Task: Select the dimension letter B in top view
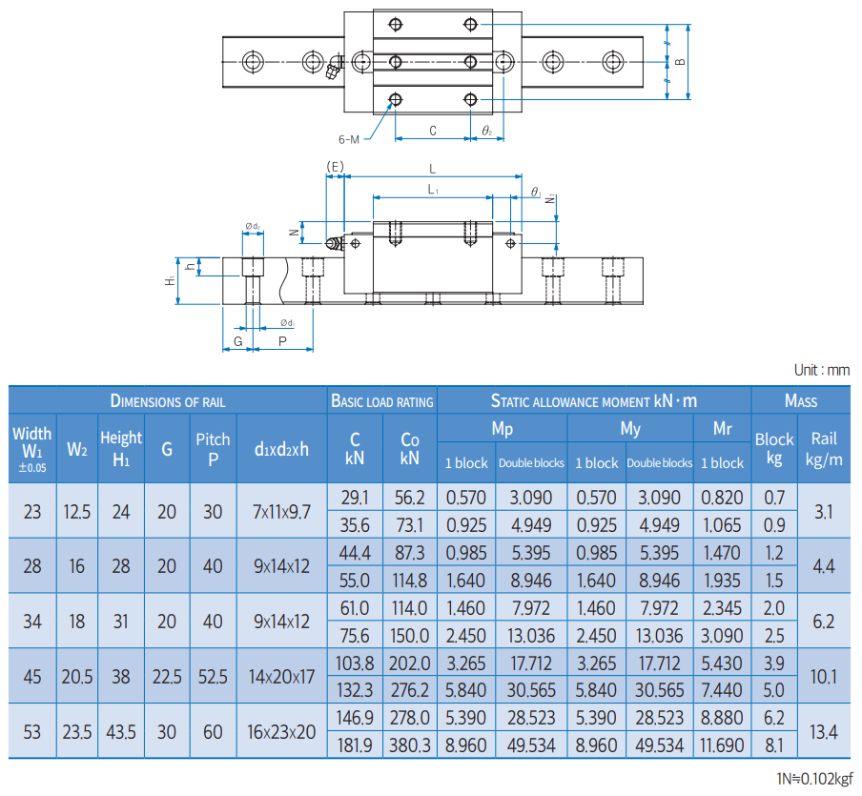point(679,62)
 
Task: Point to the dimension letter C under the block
point(432,131)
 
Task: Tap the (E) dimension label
point(335,167)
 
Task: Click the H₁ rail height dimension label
point(170,280)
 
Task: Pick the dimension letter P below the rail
point(282,340)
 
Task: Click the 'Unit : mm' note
point(821,370)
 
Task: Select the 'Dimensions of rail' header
point(168,400)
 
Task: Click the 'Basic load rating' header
point(381,401)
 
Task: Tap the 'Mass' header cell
point(800,400)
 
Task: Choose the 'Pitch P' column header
point(213,448)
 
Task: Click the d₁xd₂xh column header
point(281,448)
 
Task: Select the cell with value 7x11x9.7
point(281,512)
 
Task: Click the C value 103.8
point(355,663)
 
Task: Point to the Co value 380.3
point(410,745)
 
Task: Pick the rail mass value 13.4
point(824,731)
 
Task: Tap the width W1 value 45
point(32,676)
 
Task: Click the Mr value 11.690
point(722,745)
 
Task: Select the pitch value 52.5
point(213,676)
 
